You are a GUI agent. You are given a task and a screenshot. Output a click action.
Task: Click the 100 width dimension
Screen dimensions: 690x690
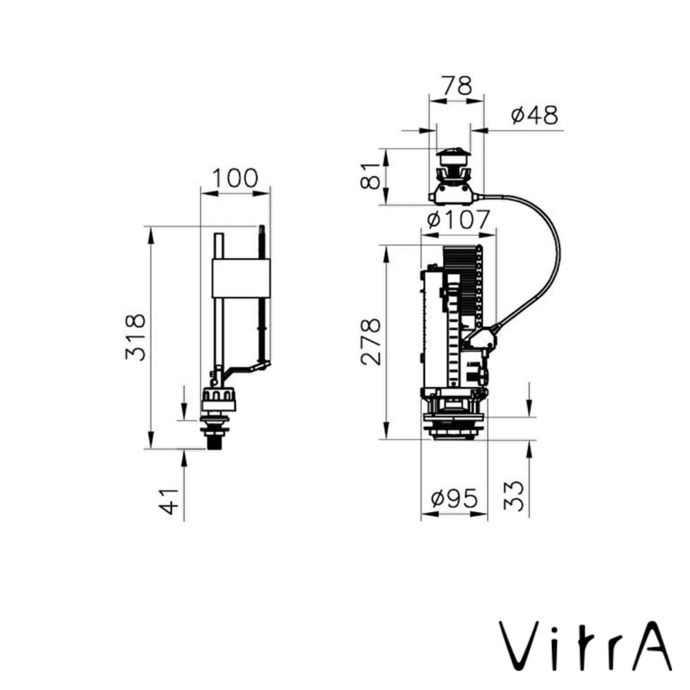coord(235,178)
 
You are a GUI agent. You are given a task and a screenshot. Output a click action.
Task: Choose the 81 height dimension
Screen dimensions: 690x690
coord(371,176)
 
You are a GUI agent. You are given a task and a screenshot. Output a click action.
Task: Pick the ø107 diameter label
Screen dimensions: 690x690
coord(457,220)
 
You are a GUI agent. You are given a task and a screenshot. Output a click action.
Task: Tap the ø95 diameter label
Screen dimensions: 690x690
coord(453,500)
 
